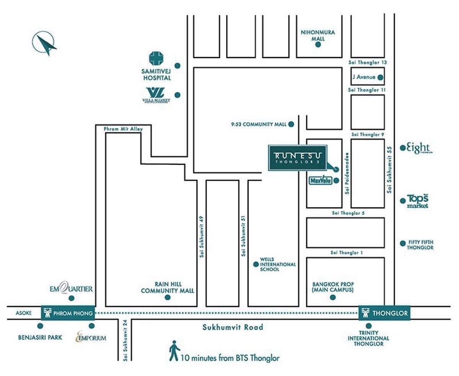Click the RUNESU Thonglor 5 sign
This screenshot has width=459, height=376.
tap(298, 157)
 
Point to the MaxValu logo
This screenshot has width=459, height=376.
tap(320, 181)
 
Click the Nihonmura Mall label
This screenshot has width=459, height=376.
tap(317, 36)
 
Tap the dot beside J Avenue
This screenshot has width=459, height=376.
tap(380, 77)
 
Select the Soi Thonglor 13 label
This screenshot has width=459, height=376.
tap(368, 62)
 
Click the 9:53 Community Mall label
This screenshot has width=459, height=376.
tap(259, 124)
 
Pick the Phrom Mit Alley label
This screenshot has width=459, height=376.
tap(123, 129)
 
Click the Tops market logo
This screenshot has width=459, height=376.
tap(417, 201)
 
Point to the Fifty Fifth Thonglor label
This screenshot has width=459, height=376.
tap(420, 245)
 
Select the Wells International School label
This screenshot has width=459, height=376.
tap(278, 264)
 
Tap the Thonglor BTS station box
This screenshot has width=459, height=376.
tap(384, 313)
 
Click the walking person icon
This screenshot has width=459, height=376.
tap(174, 350)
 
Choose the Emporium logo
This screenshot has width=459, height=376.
tap(91, 337)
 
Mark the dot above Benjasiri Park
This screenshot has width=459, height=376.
tap(40, 326)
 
